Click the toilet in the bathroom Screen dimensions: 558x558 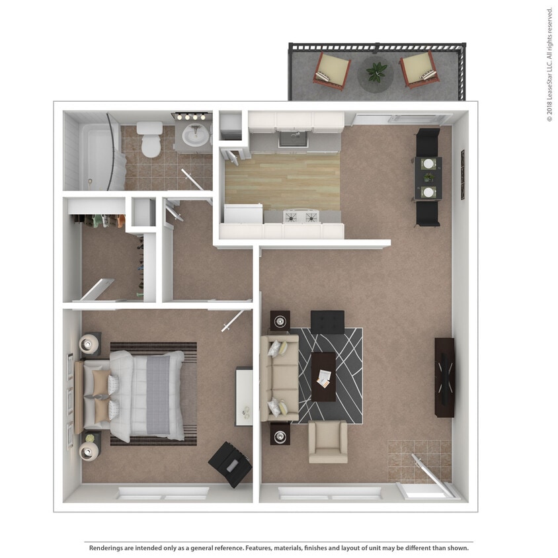(x=151, y=139)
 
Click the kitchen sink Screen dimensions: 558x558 (x=292, y=139)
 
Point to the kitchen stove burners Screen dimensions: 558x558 (x=301, y=216)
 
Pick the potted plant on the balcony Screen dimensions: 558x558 (x=376, y=71)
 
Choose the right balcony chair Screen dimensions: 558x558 (x=418, y=69)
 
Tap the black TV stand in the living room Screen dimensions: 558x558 (x=444, y=377)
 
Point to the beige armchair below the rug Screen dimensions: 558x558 (x=328, y=442)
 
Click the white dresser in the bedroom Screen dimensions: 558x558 (x=244, y=397)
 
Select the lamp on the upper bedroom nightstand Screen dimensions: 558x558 (x=90, y=344)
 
